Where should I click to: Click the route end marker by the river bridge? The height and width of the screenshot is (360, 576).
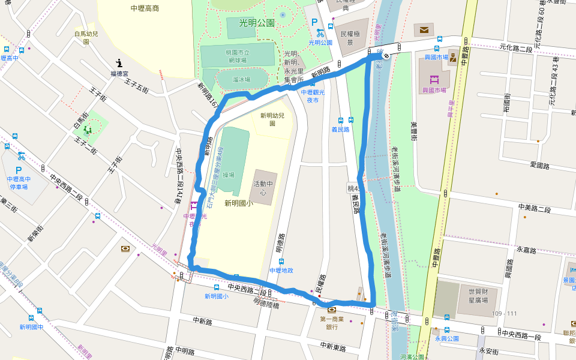point(386,56)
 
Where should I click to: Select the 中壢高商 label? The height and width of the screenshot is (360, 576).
point(145,8)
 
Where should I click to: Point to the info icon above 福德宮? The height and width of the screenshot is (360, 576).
point(119,62)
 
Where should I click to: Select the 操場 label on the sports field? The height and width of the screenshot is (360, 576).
point(228,175)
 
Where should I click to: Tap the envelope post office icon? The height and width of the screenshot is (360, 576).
point(424,29)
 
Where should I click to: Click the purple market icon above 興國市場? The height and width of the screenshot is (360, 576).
point(434,79)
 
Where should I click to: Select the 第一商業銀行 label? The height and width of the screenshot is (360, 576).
point(332,323)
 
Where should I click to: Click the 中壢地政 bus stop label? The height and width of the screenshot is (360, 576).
point(281,271)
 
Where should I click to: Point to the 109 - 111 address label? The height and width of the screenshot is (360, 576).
point(503,313)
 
